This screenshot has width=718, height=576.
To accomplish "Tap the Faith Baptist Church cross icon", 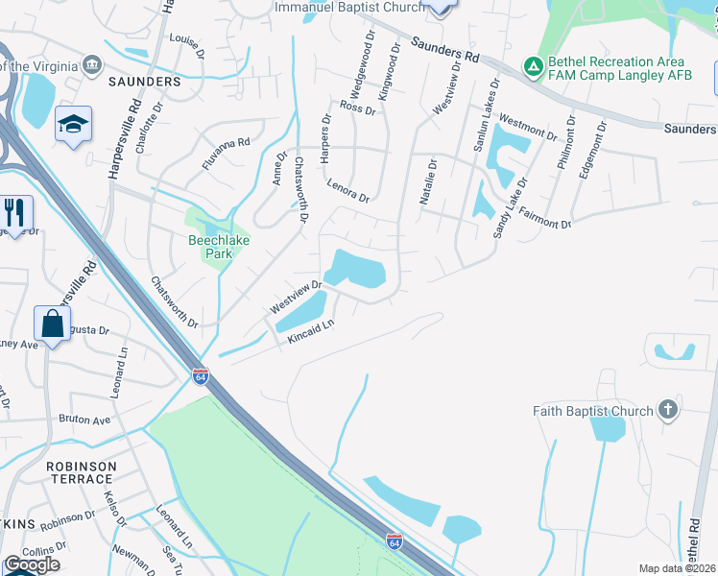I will click(x=668, y=411).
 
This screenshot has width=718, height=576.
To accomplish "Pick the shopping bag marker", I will click(x=53, y=324).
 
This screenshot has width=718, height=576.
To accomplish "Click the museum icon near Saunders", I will click(x=92, y=65).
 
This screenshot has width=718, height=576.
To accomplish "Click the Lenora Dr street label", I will click(x=347, y=191).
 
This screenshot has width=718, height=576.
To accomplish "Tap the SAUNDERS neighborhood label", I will click(x=145, y=82).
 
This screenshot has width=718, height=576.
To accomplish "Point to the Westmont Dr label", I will click(x=528, y=128).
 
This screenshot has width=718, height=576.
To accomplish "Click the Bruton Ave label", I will click(x=84, y=420).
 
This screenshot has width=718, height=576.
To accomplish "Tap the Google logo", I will click(x=32, y=564).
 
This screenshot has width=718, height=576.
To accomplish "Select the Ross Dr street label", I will click(x=356, y=109).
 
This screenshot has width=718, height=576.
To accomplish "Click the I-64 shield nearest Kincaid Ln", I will click(x=201, y=375).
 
